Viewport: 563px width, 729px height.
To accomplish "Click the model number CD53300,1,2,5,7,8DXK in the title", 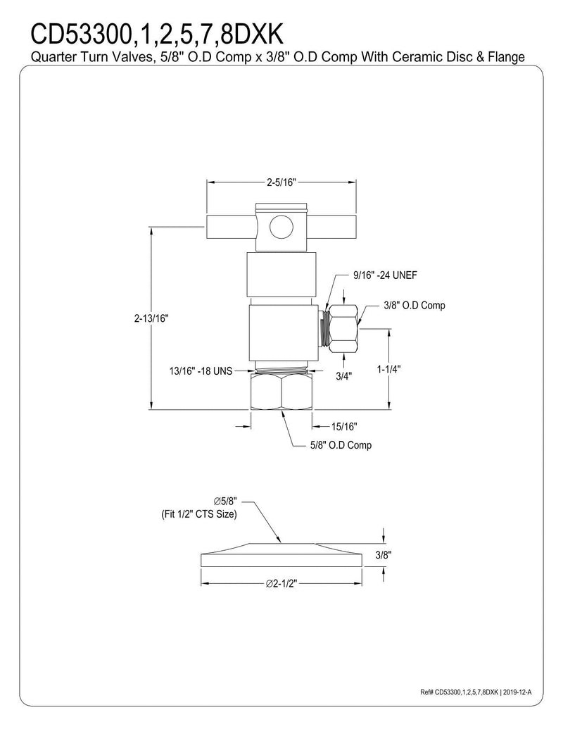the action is [x=156, y=34].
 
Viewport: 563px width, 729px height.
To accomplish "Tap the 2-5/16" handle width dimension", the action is [x=281, y=182].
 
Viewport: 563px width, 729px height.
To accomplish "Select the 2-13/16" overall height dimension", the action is [x=151, y=318].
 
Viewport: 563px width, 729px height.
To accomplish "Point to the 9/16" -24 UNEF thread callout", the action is [x=385, y=275].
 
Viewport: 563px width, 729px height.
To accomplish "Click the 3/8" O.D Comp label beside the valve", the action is [x=415, y=306].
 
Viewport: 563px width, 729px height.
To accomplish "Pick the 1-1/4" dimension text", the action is [x=388, y=368].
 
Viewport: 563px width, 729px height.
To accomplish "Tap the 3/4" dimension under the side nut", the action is [x=343, y=376].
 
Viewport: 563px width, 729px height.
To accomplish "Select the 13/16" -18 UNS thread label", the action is [x=201, y=371].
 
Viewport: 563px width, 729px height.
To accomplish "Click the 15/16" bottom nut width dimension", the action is [x=344, y=426].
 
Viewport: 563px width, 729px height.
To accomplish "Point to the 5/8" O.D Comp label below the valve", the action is [x=341, y=445].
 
